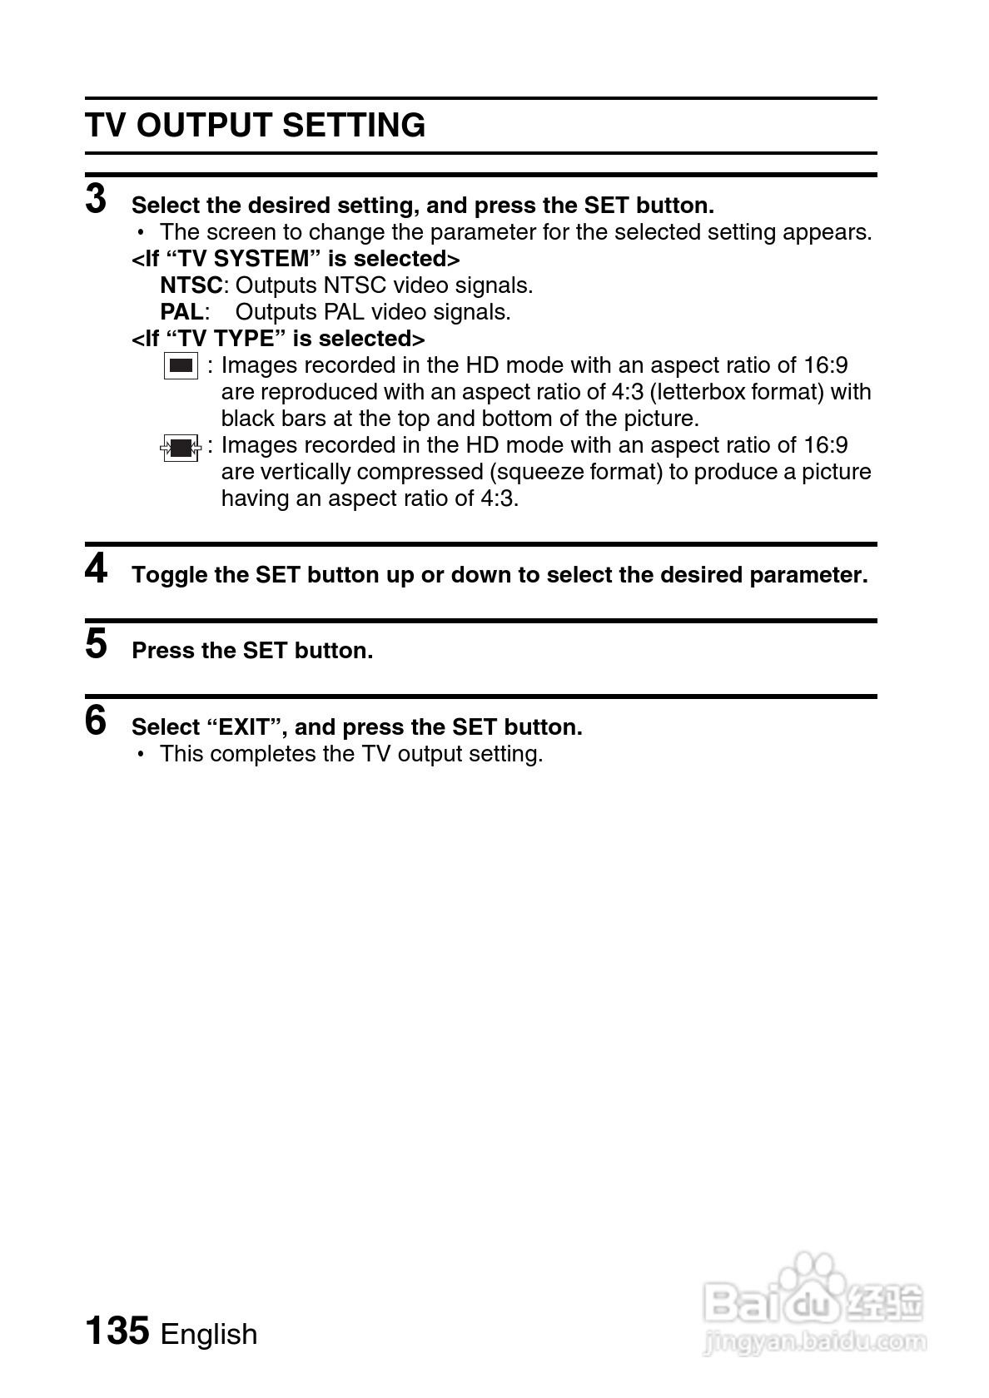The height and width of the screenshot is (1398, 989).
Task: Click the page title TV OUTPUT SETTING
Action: click(255, 126)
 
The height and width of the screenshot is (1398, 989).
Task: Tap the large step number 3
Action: click(97, 200)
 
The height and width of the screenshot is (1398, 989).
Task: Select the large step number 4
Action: click(97, 570)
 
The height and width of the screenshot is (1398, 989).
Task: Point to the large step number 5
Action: click(97, 645)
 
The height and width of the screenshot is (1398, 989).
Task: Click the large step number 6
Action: click(97, 721)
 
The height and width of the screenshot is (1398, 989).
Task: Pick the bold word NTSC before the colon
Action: click(191, 285)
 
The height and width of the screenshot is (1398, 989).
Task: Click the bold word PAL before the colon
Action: click(181, 312)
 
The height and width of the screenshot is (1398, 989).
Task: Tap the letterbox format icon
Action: click(181, 366)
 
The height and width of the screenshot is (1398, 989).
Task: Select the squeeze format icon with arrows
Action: click(181, 448)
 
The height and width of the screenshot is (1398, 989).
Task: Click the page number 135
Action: click(117, 1331)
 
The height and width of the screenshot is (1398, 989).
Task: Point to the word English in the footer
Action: click(209, 1334)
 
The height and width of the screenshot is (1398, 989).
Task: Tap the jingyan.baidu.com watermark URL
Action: click(814, 1341)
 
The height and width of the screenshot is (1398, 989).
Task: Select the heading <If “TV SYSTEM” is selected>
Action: click(296, 259)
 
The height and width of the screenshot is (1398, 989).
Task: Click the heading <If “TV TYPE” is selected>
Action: click(278, 339)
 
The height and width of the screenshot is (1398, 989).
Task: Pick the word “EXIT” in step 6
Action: click(246, 727)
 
